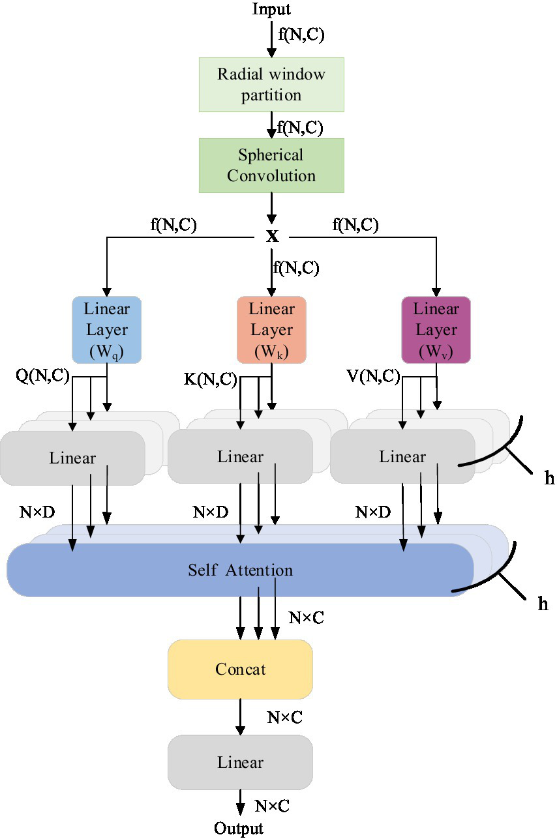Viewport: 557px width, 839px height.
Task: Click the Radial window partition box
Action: pyautogui.click(x=271, y=84)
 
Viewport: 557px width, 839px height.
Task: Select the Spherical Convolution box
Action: pyautogui.click(x=271, y=166)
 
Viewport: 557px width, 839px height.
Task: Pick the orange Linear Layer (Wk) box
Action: pyautogui.click(x=271, y=330)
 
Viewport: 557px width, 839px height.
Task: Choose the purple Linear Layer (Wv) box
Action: pyautogui.click(x=436, y=330)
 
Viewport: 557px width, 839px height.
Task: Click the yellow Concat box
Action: pyautogui.click(x=241, y=670)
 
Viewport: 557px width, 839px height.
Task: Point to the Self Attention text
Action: pyautogui.click(x=241, y=570)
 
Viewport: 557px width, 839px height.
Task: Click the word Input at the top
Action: pyautogui.click(x=271, y=9)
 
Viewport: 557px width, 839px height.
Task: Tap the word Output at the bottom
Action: pyautogui.click(x=239, y=829)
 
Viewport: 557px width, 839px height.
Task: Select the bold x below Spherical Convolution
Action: pyautogui.click(x=272, y=236)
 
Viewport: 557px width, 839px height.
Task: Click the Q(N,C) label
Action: pyautogui.click(x=43, y=376)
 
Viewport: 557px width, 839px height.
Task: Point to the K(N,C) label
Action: pyautogui.click(x=209, y=380)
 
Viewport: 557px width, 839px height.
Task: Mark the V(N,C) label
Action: pyautogui.click(x=373, y=376)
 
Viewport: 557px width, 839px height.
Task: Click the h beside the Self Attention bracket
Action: pyautogui.click(x=543, y=604)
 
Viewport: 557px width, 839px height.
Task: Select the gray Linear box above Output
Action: pyautogui.click(x=241, y=763)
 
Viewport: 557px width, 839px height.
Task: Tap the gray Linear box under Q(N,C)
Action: pyautogui.click(x=72, y=458)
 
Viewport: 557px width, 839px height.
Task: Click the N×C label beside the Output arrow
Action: pyautogui.click(x=272, y=806)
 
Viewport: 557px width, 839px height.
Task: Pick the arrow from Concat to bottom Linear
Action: pyautogui.click(x=241, y=716)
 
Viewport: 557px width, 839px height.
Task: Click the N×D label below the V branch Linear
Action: pyautogui.click(x=373, y=512)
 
